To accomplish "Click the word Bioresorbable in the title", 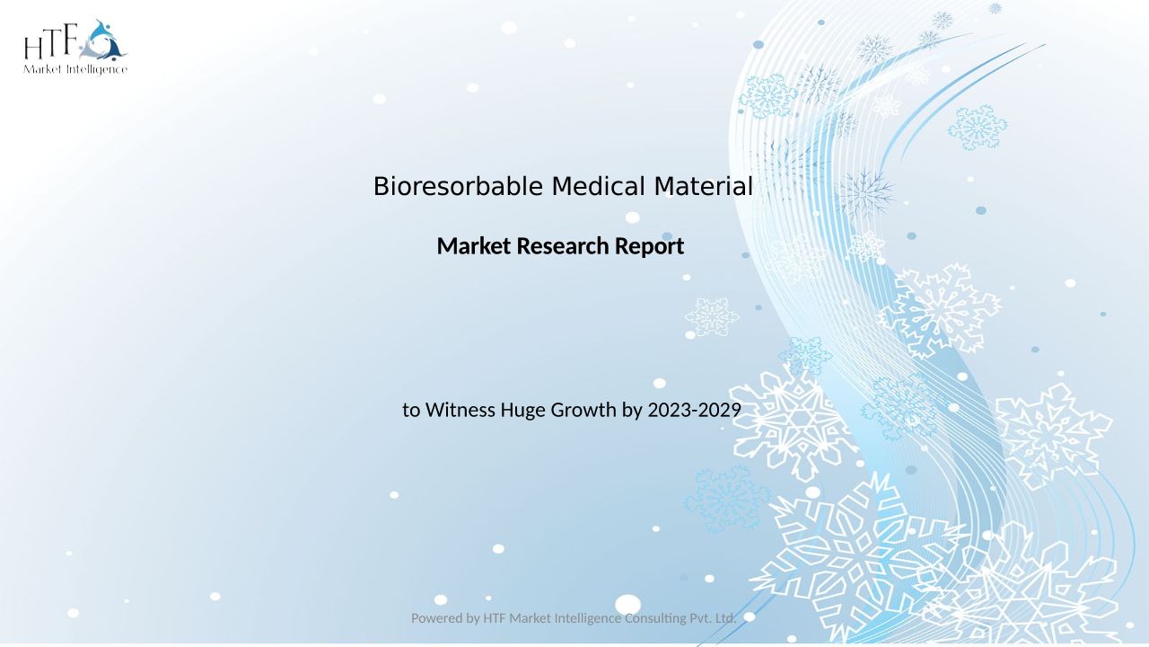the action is click(x=458, y=186).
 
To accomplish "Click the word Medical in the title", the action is click(x=598, y=186).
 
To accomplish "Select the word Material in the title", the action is click(x=703, y=186).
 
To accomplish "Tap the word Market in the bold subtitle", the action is click(x=474, y=246).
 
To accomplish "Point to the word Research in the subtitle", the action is click(x=563, y=246).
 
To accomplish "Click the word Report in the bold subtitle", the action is click(x=649, y=247).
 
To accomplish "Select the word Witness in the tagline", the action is click(x=460, y=410).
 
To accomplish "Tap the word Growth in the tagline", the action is click(x=583, y=410).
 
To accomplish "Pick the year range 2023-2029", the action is click(x=695, y=410).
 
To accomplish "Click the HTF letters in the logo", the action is click(x=51, y=42).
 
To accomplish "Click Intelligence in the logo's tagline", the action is click(x=97, y=70).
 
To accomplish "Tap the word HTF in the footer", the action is click(x=495, y=618).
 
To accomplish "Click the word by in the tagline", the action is click(x=632, y=411).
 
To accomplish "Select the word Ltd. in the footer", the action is click(x=726, y=618).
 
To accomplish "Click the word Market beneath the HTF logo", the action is click(x=43, y=69).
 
